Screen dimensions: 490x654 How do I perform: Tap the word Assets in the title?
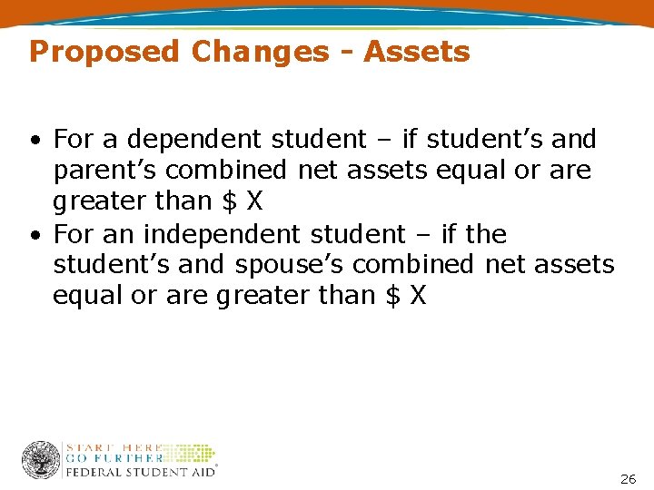(x=417, y=52)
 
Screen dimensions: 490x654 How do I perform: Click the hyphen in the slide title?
(x=347, y=53)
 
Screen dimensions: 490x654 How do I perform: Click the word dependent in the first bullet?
(x=188, y=140)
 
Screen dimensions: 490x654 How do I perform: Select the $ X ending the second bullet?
(x=406, y=296)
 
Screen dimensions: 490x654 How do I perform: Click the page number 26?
(x=628, y=478)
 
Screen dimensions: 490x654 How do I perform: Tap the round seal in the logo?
(x=41, y=460)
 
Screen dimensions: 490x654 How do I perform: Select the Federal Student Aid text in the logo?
(x=140, y=472)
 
